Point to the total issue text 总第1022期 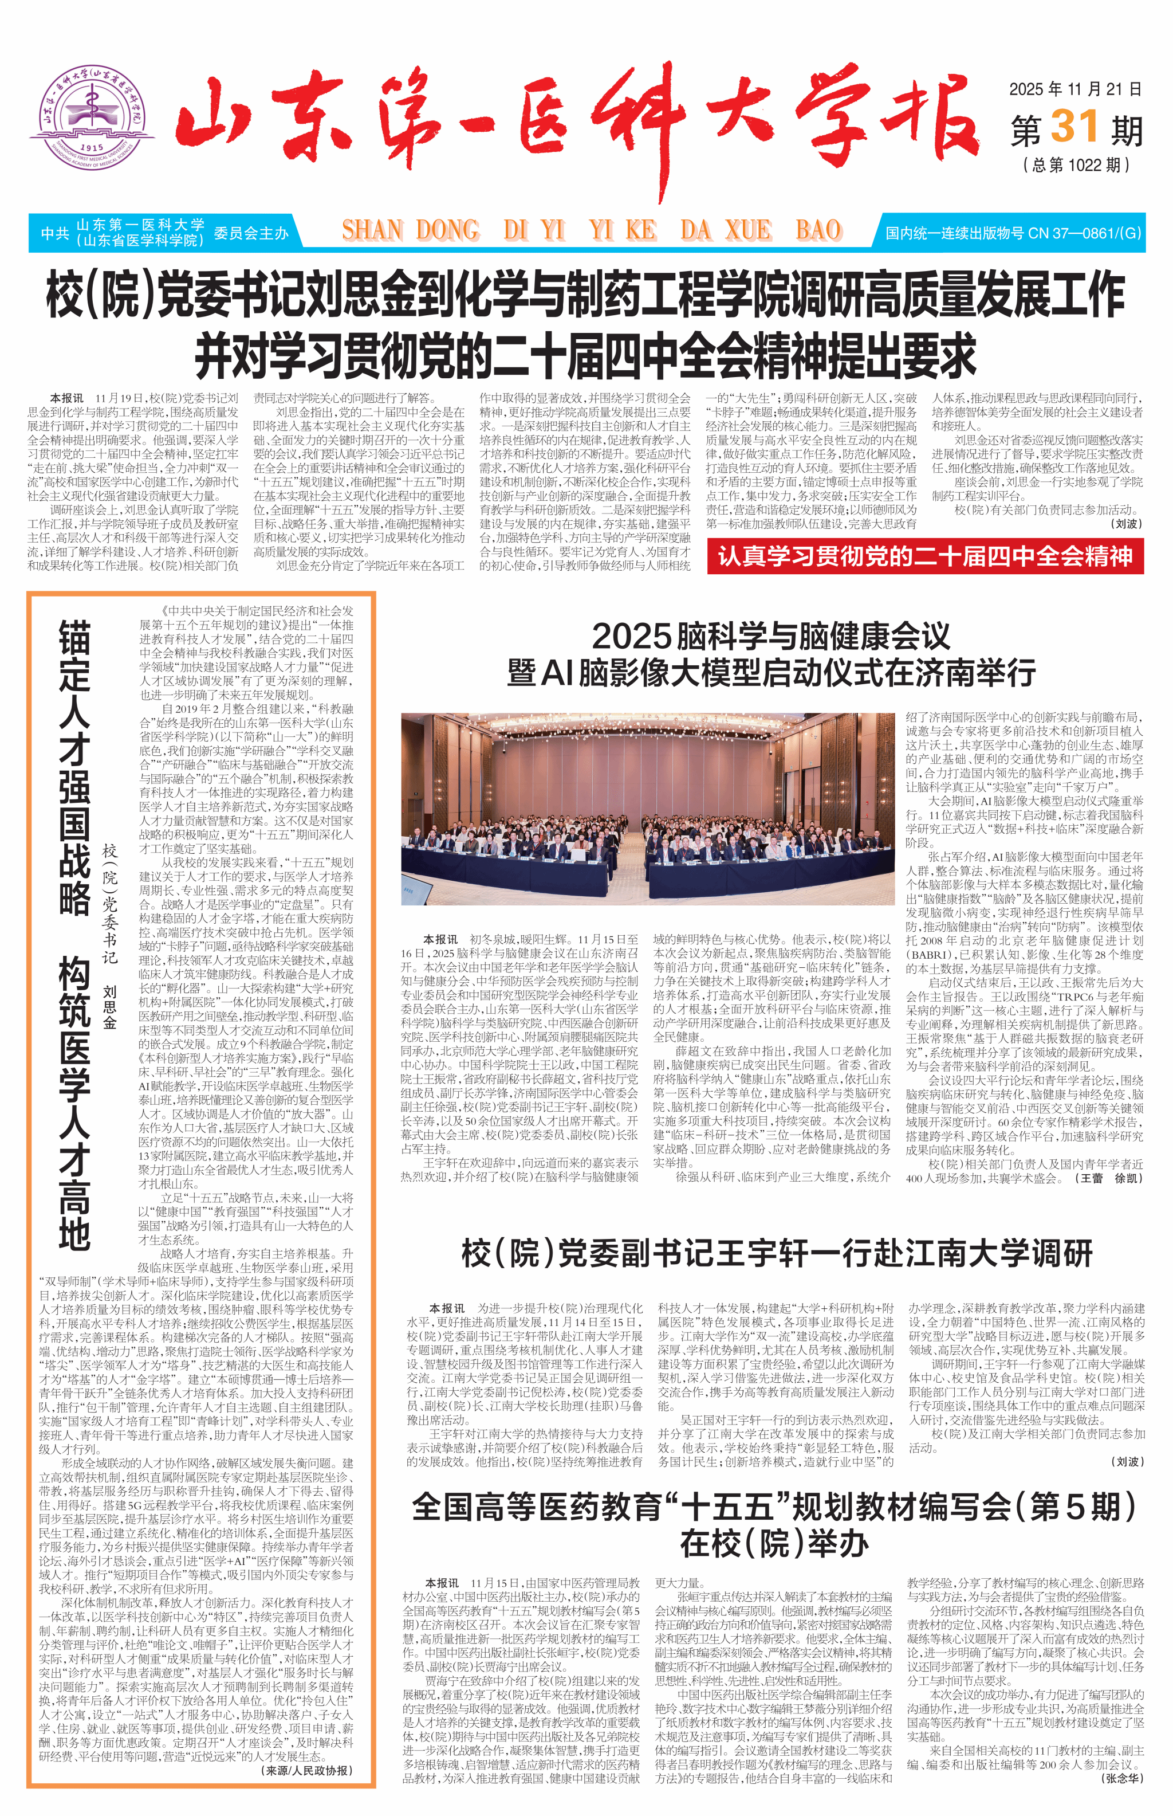1076,164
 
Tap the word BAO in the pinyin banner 817,230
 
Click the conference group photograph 647,809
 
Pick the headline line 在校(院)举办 774,1544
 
